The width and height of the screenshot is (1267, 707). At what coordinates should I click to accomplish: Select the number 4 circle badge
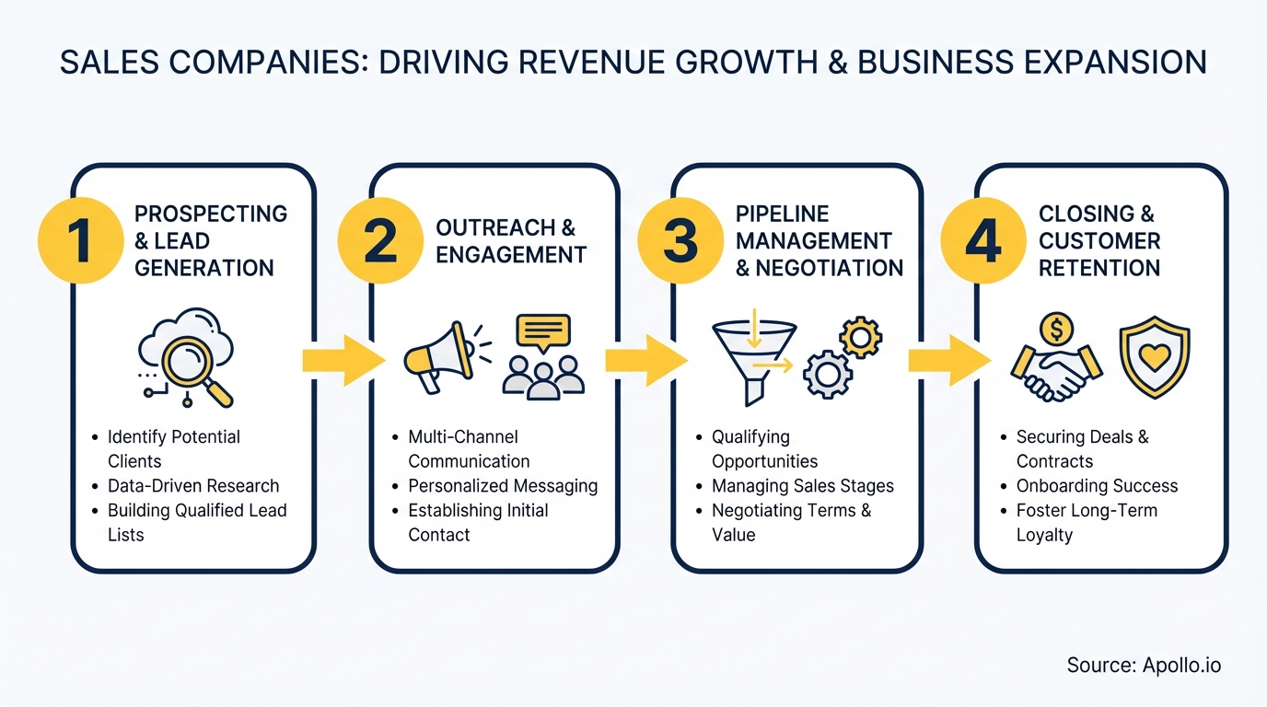pyautogui.click(x=982, y=240)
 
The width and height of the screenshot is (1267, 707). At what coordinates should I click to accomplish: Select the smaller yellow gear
pyautogui.click(x=861, y=338)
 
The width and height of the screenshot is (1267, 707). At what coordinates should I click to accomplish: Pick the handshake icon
pyautogui.click(x=1055, y=372)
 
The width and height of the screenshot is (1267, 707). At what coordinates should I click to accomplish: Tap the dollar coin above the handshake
pyautogui.click(x=1055, y=328)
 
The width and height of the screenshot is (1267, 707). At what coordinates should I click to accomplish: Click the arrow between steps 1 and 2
pyautogui.click(x=342, y=360)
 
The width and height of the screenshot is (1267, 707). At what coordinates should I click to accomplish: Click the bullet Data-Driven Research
pyautogui.click(x=192, y=486)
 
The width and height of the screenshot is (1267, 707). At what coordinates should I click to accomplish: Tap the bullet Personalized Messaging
pyautogui.click(x=503, y=486)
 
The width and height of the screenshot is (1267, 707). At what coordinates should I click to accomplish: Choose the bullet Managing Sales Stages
pyautogui.click(x=802, y=486)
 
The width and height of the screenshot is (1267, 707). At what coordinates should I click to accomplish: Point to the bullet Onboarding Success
pyautogui.click(x=1097, y=486)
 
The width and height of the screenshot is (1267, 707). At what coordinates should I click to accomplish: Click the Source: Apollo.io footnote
pyautogui.click(x=1144, y=665)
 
